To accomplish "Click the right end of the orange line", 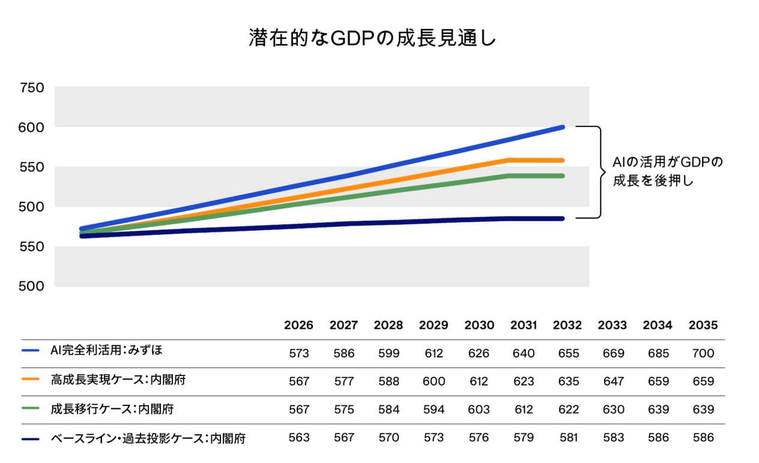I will click(x=563, y=160).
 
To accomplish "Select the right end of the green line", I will click(x=563, y=176).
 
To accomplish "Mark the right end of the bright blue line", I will click(x=563, y=127).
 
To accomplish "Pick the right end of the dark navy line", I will click(x=563, y=218).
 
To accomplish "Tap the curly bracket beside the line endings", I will click(x=597, y=172).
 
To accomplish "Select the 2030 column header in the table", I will click(x=479, y=326).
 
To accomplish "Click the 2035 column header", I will click(x=703, y=326).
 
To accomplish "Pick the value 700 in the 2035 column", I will click(x=703, y=354).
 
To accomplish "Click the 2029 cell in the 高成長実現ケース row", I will click(x=433, y=381).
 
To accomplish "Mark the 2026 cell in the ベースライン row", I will click(x=298, y=438).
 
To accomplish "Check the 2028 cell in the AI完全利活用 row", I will click(x=389, y=354).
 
